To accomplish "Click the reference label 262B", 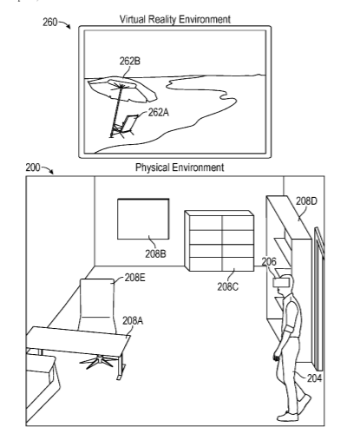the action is (130, 62).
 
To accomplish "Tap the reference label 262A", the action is (158, 112).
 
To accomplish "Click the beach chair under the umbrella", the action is (125, 126).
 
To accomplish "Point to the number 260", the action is (50, 23).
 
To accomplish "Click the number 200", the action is (33, 167).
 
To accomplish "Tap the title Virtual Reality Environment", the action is (175, 19).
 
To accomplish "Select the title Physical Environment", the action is (180, 167).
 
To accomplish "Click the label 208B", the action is (155, 254).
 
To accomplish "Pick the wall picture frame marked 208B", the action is (143, 219).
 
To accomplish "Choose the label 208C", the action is (228, 286).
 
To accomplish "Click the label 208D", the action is (306, 200).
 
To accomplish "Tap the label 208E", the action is (135, 278).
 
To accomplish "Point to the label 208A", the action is (133, 320).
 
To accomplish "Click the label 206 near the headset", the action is (269, 261).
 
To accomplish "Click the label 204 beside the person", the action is (314, 378).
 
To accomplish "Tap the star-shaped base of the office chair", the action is (97, 362).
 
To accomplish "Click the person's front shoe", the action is (288, 416).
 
